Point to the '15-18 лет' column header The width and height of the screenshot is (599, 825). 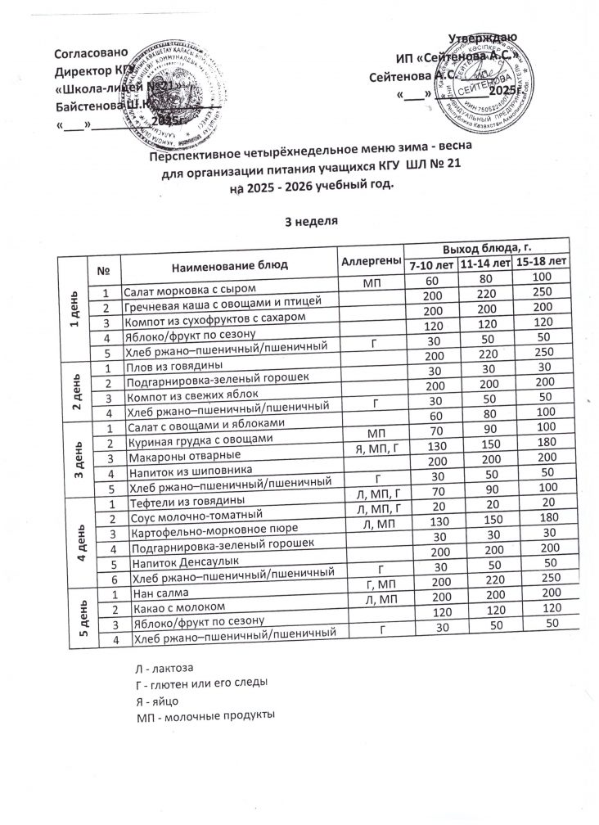click(x=542, y=262)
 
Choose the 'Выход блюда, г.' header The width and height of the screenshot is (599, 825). click(x=488, y=248)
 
